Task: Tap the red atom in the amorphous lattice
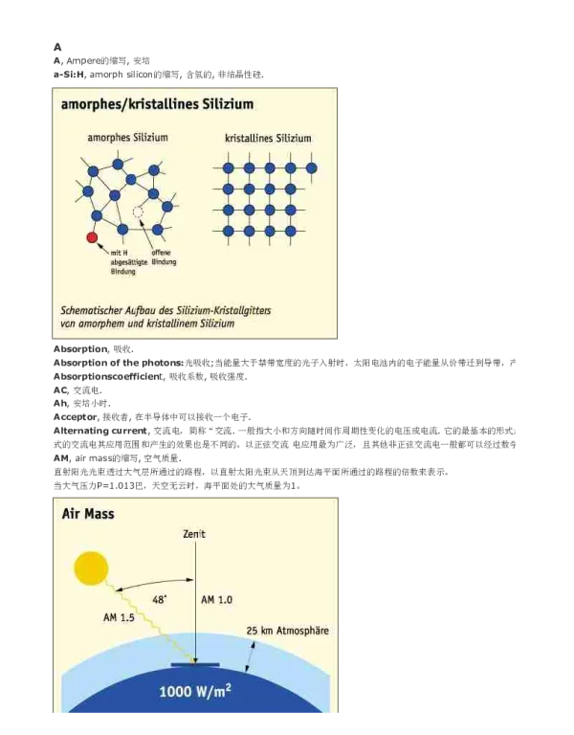[92, 236]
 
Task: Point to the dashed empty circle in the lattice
[139, 212]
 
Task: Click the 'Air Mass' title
[88, 514]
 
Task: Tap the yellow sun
[92, 570]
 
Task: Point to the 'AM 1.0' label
[216, 599]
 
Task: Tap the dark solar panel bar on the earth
[195, 662]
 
